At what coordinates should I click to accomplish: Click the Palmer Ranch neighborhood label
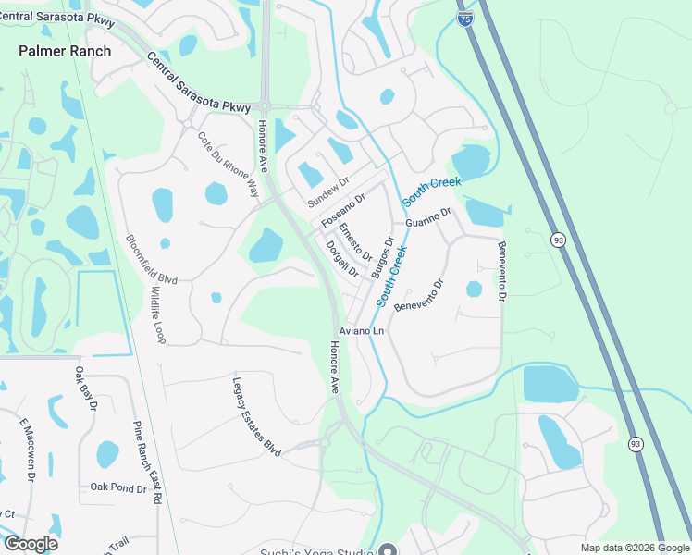65,51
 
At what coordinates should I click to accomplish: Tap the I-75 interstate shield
465,19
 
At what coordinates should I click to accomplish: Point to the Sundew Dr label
328,192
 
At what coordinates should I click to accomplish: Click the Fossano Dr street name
343,211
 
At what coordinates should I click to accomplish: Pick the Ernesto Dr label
354,241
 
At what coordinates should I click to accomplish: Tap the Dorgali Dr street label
342,258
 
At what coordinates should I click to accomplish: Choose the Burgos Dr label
382,258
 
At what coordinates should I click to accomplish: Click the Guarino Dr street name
427,217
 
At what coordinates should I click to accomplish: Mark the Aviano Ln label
363,330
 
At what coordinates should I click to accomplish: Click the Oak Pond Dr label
118,487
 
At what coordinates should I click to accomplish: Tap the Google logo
31,544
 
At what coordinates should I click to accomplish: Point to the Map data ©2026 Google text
635,548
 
